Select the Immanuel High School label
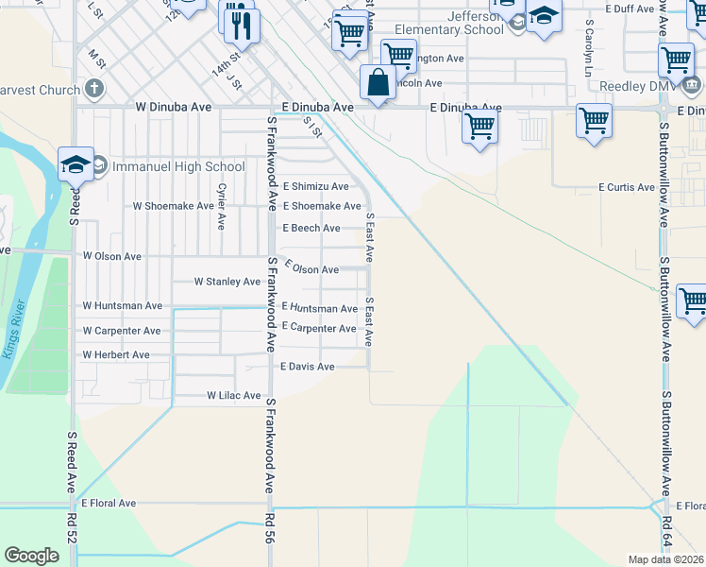click(178, 167)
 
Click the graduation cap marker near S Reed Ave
click(76, 164)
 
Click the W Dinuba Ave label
click(178, 108)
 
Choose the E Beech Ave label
click(311, 229)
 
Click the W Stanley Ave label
click(227, 282)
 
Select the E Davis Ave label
click(308, 367)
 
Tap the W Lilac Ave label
click(233, 396)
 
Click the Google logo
click(31, 556)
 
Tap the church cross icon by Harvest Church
click(92, 90)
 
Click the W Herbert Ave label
click(116, 355)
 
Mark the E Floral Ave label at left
click(109, 504)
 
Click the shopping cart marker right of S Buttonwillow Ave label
click(695, 301)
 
